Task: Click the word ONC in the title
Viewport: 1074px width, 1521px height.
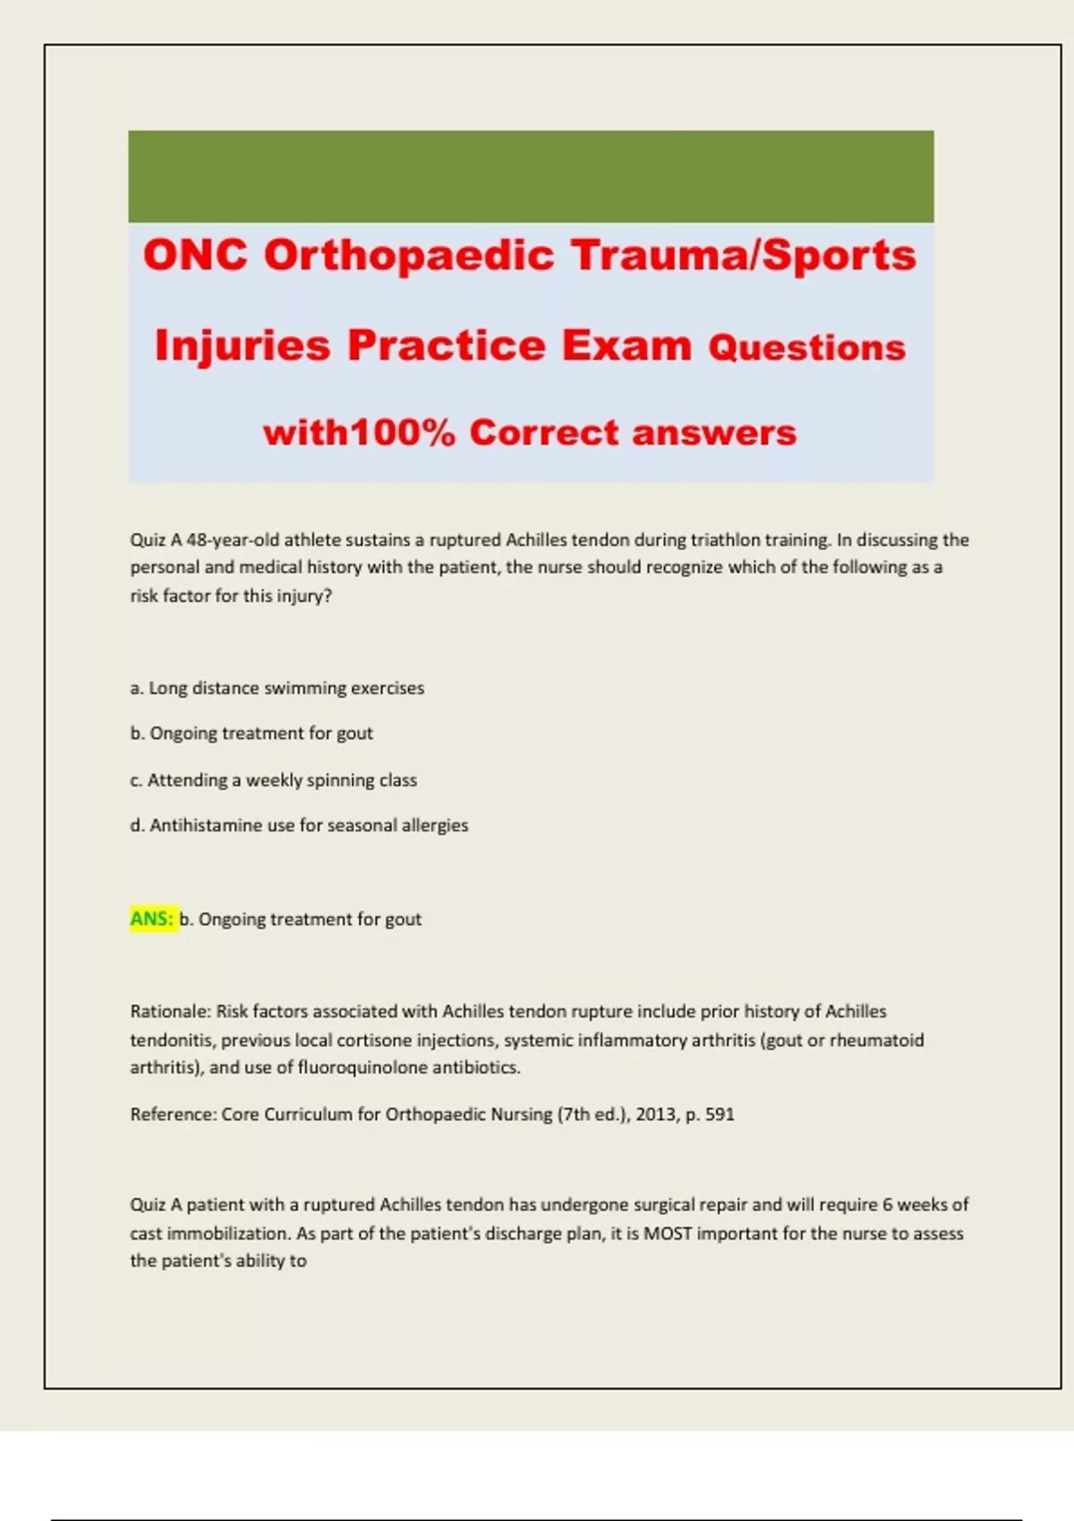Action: click(195, 255)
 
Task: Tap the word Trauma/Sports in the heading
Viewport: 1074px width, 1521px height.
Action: click(744, 255)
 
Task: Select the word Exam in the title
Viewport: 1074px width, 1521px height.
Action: click(626, 345)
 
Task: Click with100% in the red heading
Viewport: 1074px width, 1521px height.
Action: click(359, 433)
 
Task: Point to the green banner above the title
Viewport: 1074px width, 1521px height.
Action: click(531, 176)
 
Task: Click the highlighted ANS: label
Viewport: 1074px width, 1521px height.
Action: click(152, 919)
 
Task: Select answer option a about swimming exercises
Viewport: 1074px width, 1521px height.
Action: click(277, 688)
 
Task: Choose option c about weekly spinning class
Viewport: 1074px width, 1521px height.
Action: click(274, 780)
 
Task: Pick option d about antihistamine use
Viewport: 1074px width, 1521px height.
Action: click(299, 825)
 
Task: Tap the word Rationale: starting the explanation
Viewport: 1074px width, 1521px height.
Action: click(170, 1012)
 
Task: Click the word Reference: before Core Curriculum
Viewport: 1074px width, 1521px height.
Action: click(173, 1115)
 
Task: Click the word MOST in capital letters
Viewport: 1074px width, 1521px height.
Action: click(666, 1234)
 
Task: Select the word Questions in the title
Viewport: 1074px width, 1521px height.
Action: click(806, 347)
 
